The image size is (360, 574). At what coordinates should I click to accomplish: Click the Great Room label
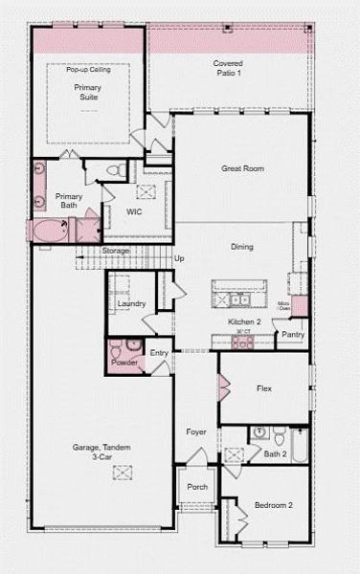242,168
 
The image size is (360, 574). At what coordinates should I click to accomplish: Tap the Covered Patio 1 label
227,68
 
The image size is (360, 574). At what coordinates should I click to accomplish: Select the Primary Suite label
87,92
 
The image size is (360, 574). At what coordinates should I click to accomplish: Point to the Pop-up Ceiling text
87,70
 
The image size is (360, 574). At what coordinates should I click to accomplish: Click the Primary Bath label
68,201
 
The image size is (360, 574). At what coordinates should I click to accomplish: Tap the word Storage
116,251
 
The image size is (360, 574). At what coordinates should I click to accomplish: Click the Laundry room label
131,303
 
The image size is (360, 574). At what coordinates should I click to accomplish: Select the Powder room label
124,363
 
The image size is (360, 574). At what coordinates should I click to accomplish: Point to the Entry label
159,353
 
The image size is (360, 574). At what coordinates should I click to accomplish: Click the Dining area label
241,247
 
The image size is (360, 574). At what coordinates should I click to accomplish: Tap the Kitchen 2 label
244,322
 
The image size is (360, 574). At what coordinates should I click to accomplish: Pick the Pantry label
293,335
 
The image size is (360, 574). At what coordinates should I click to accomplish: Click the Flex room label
265,388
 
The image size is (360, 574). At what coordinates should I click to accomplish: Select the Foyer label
196,432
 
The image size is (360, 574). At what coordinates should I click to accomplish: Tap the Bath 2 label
276,453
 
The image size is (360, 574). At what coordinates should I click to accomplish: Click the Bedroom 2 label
273,505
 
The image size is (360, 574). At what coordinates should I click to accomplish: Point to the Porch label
197,487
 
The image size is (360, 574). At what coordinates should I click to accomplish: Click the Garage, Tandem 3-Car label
101,453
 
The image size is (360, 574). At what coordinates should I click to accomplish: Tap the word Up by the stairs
179,258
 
